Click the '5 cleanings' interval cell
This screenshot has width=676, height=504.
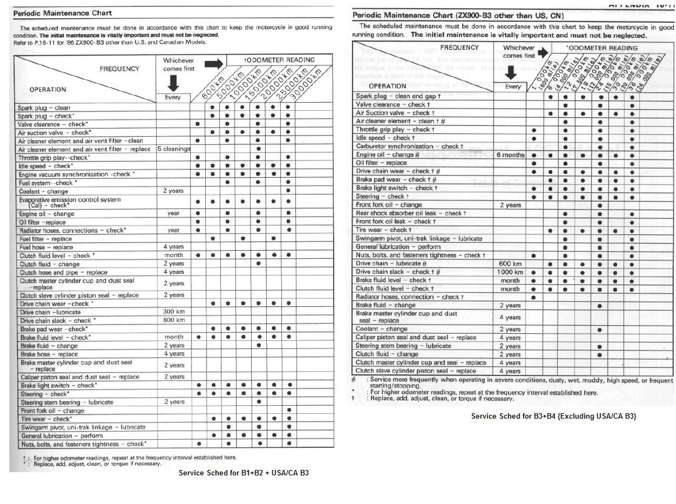pyautogui.click(x=172, y=149)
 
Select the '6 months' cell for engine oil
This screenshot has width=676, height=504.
pyautogui.click(x=510, y=155)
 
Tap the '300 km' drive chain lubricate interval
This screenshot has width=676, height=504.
pyautogui.click(x=173, y=312)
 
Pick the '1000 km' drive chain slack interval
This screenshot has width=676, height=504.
pyautogui.click(x=510, y=272)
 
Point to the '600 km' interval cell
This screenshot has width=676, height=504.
pyautogui.click(x=510, y=264)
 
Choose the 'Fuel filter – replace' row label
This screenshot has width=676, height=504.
pyautogui.click(x=45, y=239)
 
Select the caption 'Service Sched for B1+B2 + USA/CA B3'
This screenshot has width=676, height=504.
pyautogui.click(x=244, y=472)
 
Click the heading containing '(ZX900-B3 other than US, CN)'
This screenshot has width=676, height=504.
pyautogui.click(x=458, y=15)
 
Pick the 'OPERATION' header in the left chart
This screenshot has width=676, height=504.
pyautogui.click(x=47, y=89)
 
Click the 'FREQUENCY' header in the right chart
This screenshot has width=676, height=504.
pyautogui.click(x=459, y=48)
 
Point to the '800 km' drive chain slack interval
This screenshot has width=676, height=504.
pyautogui.click(x=173, y=321)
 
